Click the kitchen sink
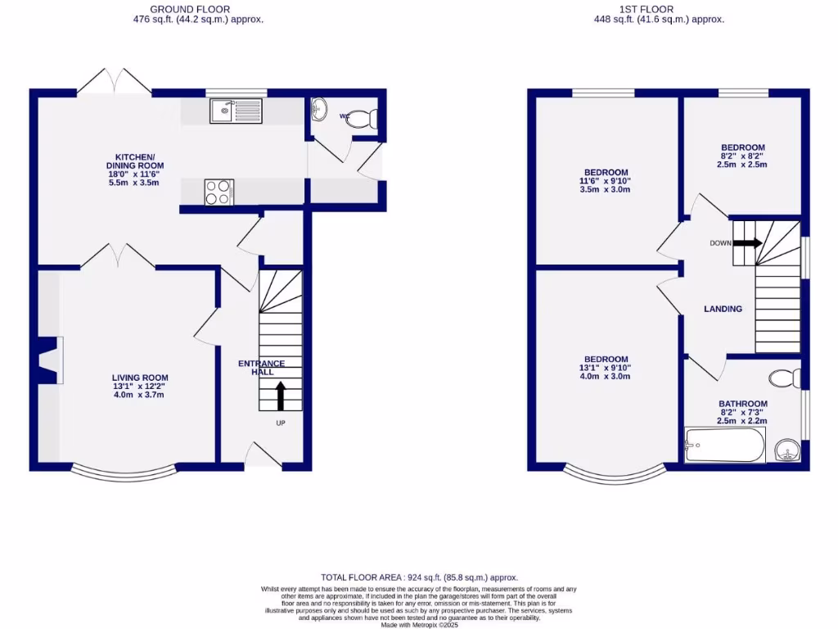[x=235, y=111]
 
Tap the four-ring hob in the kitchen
[x=219, y=192]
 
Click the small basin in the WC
[x=320, y=109]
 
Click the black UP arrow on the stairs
[x=280, y=396]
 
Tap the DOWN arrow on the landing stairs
[x=747, y=242]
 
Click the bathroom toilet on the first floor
[x=787, y=378]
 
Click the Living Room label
[x=140, y=378]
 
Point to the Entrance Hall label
[x=262, y=367]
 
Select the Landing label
[x=723, y=309]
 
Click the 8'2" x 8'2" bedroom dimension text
[x=742, y=156]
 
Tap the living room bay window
[x=123, y=473]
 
